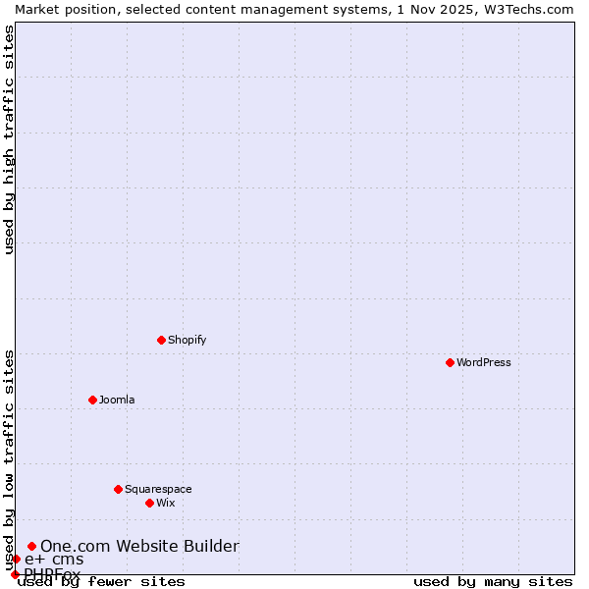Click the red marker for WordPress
click(x=450, y=362)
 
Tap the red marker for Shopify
click(x=161, y=340)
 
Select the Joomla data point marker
click(x=92, y=400)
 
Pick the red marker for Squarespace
click(x=118, y=489)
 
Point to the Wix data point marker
click(x=149, y=503)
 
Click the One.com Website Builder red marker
click(x=31, y=546)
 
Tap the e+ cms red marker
click(x=16, y=560)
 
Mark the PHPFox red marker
click(x=15, y=574)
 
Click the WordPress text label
click(x=484, y=362)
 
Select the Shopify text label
click(x=187, y=340)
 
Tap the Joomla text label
click(x=117, y=400)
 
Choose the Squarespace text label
click(x=158, y=489)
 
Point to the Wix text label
click(x=166, y=503)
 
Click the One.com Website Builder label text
click(x=139, y=546)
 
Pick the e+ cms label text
click(x=54, y=560)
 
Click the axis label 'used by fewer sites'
click(x=101, y=582)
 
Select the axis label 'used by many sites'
click(x=493, y=582)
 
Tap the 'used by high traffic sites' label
click(x=10, y=139)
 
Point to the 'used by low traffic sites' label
click(x=10, y=459)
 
